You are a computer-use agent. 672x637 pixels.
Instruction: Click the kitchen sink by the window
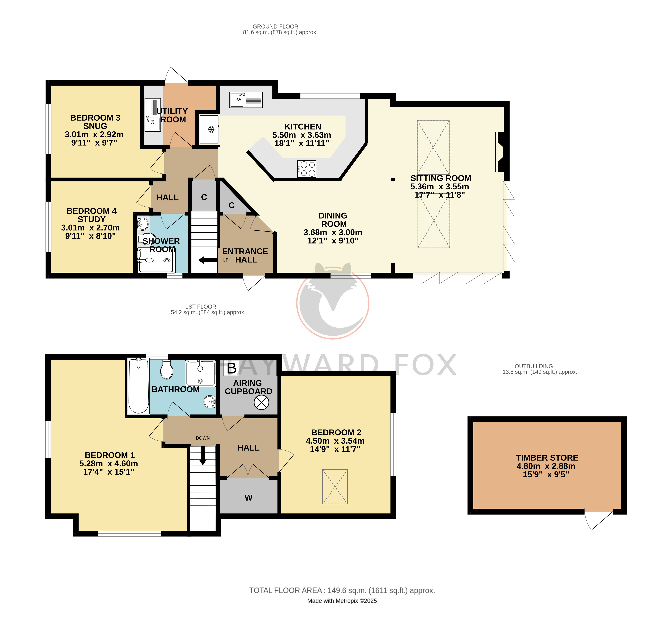(246, 100)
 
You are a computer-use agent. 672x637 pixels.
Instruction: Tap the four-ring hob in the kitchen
(307, 169)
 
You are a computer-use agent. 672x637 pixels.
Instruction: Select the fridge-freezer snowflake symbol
(211, 129)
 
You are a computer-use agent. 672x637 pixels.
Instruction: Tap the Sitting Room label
(441, 178)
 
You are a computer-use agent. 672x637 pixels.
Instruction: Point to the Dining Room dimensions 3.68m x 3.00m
(333, 232)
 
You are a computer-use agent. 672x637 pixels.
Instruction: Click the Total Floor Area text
(342, 590)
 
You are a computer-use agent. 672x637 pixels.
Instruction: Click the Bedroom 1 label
(110, 455)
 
